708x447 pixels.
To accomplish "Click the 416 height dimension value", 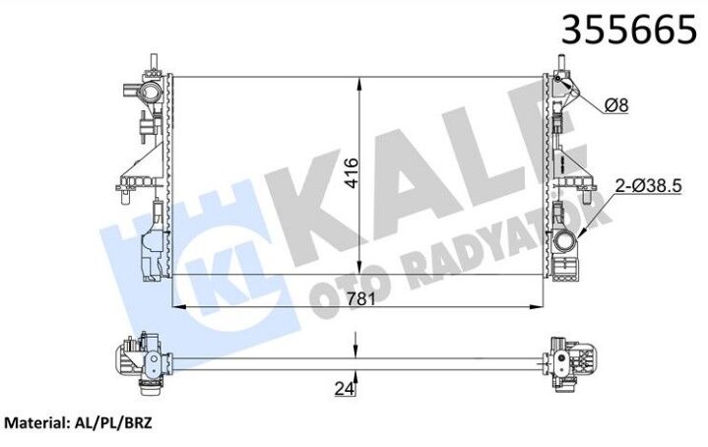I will (350, 173).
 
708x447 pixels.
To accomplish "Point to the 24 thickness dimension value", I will (343, 389).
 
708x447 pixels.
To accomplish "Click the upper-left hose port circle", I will (150, 95).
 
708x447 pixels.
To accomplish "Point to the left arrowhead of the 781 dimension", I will (178, 306).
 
